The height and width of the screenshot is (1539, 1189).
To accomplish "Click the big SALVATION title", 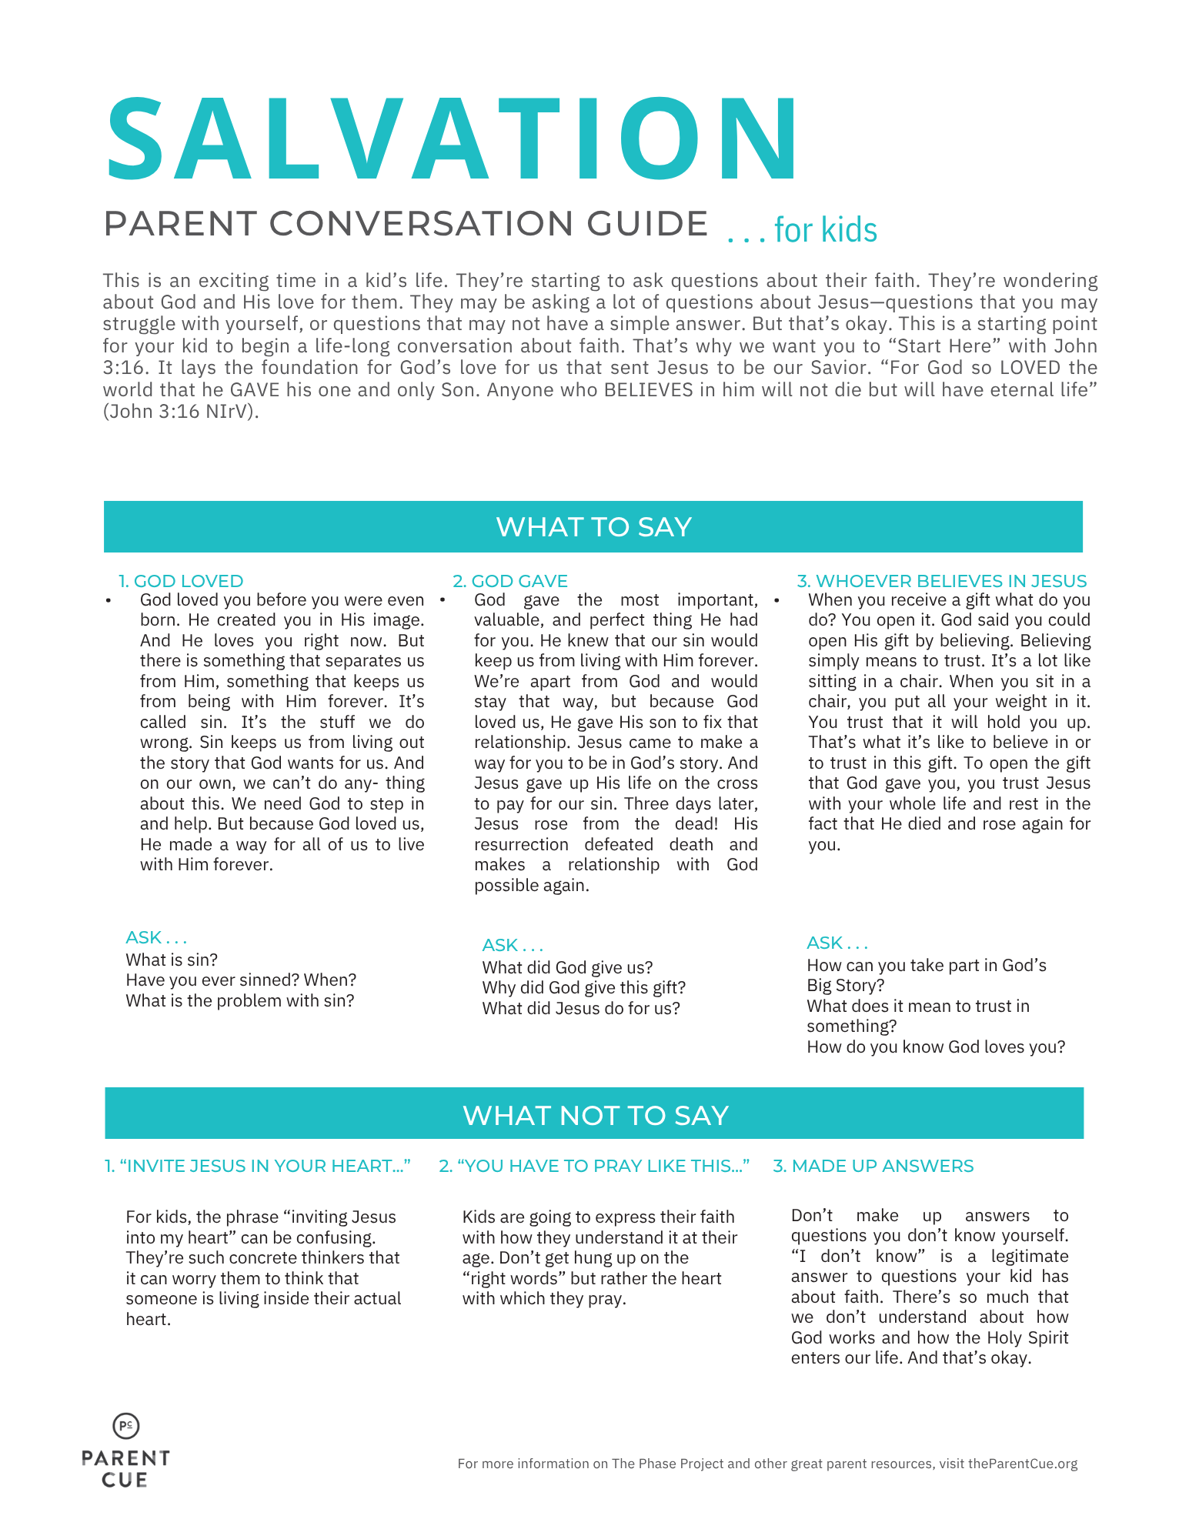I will [x=453, y=140].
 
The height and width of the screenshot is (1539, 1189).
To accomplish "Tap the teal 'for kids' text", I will [x=825, y=230].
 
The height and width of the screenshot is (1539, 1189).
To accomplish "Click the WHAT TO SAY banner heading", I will [x=593, y=527].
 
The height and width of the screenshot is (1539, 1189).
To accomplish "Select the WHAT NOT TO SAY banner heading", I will [x=595, y=1115].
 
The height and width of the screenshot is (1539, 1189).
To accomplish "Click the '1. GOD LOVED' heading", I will [x=181, y=581].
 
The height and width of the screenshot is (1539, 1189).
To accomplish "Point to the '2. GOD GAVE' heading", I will [x=510, y=581].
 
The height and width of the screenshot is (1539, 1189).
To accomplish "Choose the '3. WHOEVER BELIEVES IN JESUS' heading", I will [x=942, y=581].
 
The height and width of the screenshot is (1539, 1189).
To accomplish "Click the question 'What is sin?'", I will [x=172, y=960].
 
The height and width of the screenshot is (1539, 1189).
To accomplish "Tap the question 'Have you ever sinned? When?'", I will [x=241, y=980].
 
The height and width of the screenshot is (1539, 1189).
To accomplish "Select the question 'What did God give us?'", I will [x=567, y=967].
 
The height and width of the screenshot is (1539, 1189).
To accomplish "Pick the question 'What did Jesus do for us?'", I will [x=581, y=1008].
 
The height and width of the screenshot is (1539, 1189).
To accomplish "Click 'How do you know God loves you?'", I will [x=936, y=1047].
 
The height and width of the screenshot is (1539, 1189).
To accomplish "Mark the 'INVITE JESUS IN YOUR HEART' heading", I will [x=258, y=1166].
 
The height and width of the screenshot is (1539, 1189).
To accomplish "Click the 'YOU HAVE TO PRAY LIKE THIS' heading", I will [x=594, y=1166].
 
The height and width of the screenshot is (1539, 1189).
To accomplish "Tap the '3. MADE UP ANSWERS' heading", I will [x=873, y=1166].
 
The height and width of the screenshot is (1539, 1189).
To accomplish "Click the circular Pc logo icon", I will [x=126, y=1426].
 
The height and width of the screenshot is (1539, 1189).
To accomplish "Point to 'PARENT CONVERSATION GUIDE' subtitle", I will [x=406, y=224].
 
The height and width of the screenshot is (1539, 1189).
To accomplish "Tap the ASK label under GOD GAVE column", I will [x=513, y=945].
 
